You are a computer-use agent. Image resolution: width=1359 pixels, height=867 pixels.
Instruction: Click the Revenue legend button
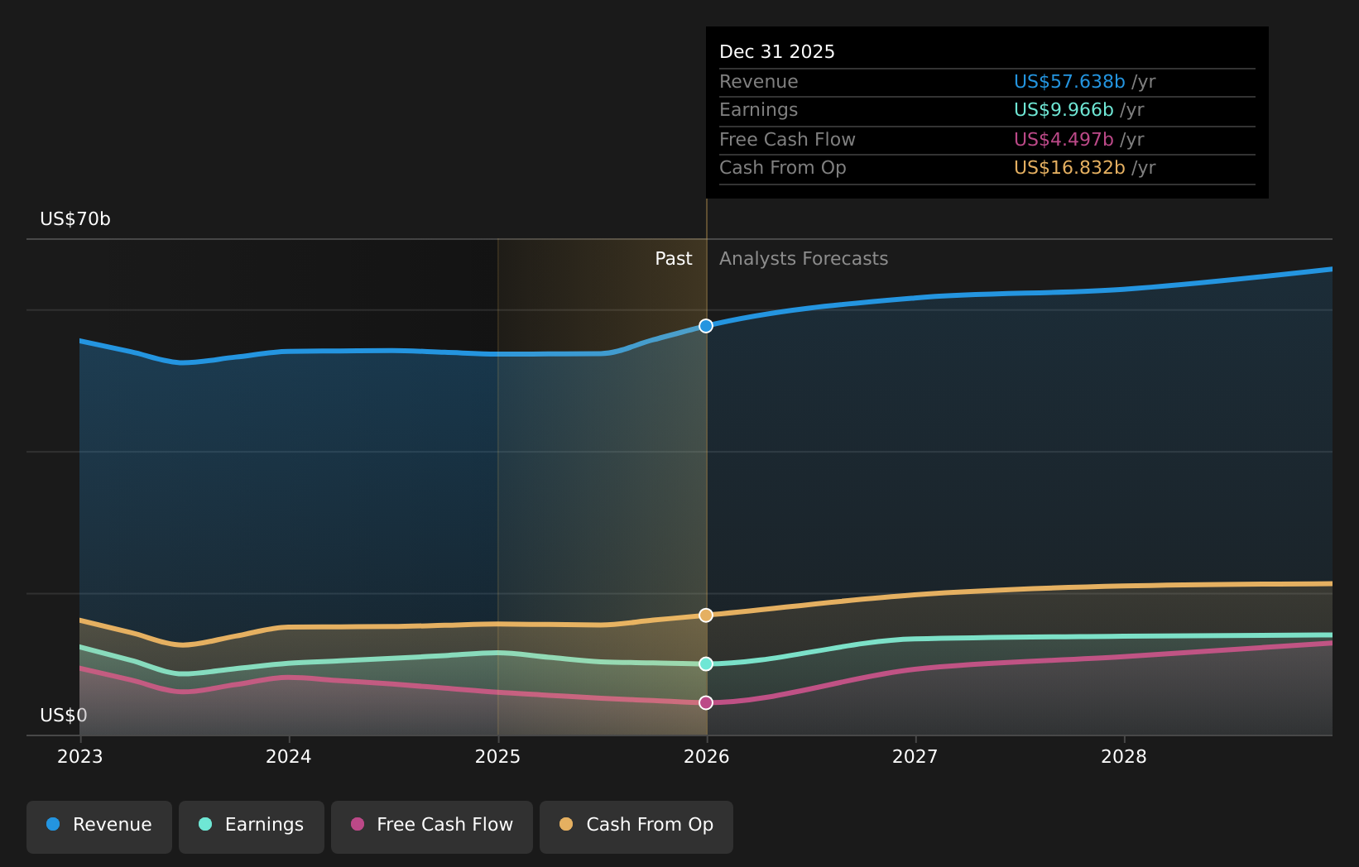click(x=99, y=826)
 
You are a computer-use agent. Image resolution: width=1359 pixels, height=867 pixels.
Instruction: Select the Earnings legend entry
click(x=252, y=826)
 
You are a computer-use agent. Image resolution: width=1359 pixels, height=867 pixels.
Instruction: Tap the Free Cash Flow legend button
click(x=432, y=826)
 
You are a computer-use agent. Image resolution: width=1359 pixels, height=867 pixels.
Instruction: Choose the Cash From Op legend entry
click(x=636, y=826)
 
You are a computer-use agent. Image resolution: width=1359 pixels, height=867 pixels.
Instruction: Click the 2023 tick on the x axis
click(x=80, y=757)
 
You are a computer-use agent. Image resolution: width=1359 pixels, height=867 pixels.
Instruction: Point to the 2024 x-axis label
click(x=289, y=757)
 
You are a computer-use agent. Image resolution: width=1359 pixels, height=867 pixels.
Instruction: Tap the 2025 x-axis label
click(x=497, y=757)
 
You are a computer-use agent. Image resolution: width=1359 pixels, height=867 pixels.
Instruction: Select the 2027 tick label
click(x=915, y=757)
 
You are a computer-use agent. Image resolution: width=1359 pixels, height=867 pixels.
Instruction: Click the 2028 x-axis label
click(x=1124, y=757)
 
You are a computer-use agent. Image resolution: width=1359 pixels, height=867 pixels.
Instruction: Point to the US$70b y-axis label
click(x=75, y=219)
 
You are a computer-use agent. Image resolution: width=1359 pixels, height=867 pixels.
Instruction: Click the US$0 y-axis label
click(x=64, y=716)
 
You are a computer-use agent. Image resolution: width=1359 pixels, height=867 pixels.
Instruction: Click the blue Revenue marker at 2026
click(x=706, y=326)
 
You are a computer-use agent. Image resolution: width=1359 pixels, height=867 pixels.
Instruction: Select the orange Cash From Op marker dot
click(x=706, y=616)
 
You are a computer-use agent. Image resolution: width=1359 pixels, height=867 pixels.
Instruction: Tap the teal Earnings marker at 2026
click(x=706, y=664)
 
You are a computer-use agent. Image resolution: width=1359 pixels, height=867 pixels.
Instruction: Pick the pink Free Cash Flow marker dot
click(x=706, y=703)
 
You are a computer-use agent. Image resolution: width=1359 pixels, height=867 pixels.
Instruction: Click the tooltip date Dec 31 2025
click(x=777, y=52)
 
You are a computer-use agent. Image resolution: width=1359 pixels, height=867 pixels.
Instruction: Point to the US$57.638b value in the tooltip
click(x=1069, y=82)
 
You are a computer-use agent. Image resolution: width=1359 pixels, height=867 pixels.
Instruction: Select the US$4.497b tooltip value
click(x=1064, y=140)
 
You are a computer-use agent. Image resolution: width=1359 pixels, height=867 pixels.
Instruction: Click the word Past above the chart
click(x=674, y=259)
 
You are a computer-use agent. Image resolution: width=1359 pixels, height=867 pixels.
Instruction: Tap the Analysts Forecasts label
click(x=804, y=259)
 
